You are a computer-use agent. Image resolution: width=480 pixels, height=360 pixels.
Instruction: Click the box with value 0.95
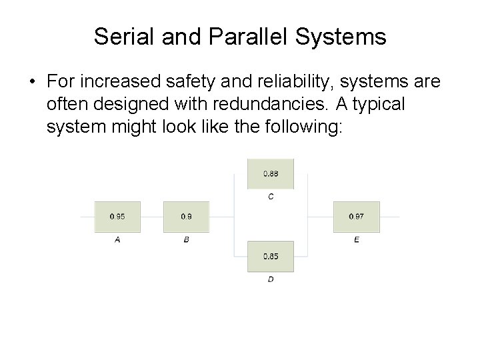click(117, 217)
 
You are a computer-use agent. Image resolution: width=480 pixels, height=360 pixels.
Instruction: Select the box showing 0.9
click(186, 217)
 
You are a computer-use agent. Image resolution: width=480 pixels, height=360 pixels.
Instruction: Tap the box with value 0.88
click(270, 174)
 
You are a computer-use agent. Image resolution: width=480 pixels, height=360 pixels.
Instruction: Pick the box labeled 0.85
click(270, 257)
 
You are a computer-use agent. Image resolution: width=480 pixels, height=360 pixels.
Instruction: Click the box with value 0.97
click(356, 217)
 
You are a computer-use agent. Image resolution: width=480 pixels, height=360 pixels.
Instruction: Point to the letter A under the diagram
click(117, 240)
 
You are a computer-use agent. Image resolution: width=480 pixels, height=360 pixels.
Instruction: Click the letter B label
click(186, 240)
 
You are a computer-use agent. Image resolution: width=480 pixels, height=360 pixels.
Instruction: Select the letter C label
click(271, 197)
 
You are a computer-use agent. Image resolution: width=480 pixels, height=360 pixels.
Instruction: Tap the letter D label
click(271, 279)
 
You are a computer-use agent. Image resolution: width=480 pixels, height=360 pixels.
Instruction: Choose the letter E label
click(357, 240)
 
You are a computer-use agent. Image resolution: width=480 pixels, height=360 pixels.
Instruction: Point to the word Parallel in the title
click(241, 37)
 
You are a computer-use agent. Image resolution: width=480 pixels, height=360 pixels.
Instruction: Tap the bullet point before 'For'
click(31, 82)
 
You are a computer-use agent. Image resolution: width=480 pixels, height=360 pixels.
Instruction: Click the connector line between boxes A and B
click(151, 217)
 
